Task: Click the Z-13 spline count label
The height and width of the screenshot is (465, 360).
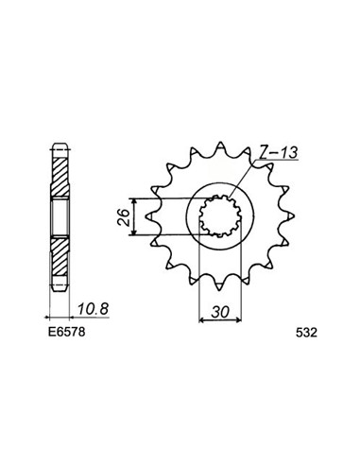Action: point(278,152)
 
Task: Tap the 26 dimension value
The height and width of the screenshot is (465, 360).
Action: point(124,216)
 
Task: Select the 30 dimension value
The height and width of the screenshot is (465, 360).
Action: point(220,312)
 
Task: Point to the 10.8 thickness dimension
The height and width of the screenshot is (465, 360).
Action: point(94,309)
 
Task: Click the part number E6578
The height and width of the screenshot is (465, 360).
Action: point(66,332)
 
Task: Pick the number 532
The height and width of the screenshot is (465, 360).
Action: point(306,333)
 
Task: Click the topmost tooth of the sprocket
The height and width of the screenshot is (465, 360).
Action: point(220,147)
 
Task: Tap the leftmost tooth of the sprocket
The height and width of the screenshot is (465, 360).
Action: point(152,216)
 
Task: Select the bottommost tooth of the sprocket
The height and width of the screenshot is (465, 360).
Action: point(220,285)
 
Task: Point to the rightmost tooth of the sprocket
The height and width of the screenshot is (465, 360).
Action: point(288,216)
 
